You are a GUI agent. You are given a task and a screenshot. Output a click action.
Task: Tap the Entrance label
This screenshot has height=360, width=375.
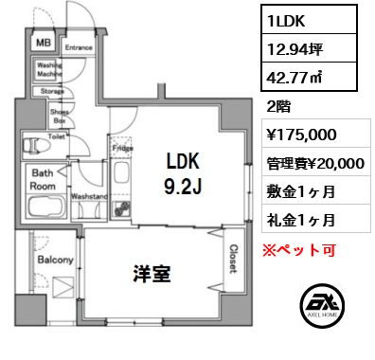[79, 45]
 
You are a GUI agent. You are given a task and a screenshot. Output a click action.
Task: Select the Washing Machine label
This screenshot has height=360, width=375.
[49, 69]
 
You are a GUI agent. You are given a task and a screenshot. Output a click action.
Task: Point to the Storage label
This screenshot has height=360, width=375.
[51, 91]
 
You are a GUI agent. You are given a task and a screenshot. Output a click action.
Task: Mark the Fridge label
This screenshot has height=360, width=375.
[122, 149]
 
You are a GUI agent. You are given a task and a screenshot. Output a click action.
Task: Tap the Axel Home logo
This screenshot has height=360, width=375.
[320, 305]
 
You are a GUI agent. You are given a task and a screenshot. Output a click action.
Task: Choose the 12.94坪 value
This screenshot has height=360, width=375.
[295, 48]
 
